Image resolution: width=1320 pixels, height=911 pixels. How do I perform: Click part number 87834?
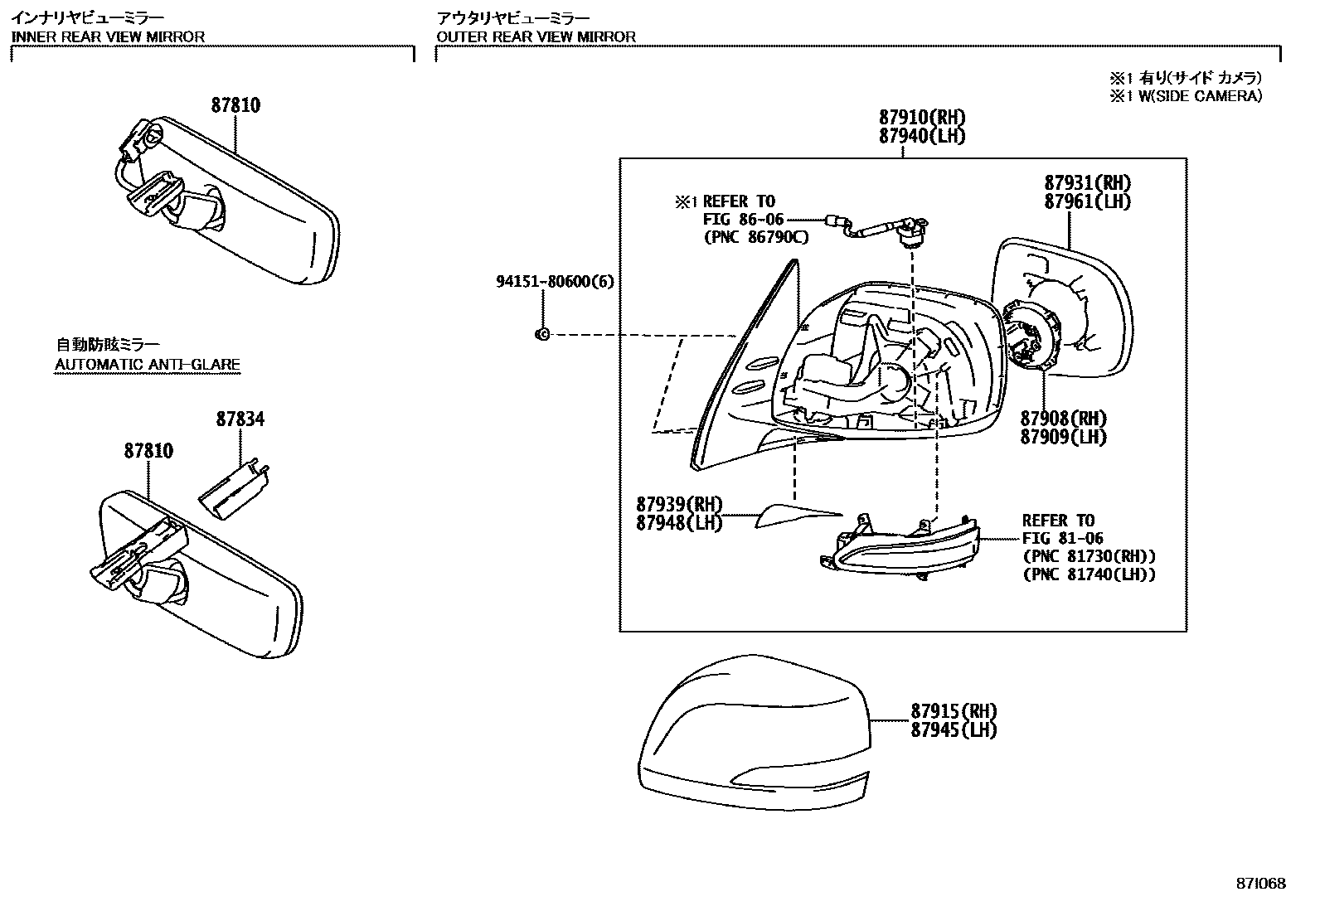click(240, 419)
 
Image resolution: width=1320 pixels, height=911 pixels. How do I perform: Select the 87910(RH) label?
click(922, 117)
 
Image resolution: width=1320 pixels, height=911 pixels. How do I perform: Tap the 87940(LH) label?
click(922, 136)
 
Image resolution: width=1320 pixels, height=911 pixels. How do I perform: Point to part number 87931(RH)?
click(1088, 182)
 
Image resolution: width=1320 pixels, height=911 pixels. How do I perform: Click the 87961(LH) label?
click(1088, 201)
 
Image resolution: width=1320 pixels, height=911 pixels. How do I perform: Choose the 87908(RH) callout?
click(1064, 419)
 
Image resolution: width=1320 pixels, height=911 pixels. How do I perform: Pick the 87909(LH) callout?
click(1064, 437)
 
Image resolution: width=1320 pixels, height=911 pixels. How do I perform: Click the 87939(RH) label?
click(679, 505)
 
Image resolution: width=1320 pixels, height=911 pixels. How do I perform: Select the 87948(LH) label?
click(679, 523)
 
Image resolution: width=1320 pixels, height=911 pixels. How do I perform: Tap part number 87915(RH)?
click(954, 710)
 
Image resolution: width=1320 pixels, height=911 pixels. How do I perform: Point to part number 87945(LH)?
click(954, 730)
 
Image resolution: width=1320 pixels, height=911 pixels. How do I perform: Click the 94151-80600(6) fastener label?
click(555, 282)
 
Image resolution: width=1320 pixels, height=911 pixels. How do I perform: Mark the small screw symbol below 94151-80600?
click(542, 335)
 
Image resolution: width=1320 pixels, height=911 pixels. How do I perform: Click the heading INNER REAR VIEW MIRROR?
click(109, 36)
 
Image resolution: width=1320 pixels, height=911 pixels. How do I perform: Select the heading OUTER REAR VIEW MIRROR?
click(536, 36)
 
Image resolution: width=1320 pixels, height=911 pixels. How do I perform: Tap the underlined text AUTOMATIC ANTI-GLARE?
click(148, 365)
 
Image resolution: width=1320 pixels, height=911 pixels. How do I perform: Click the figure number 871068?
click(1261, 884)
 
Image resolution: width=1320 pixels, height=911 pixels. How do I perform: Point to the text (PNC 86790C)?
click(756, 237)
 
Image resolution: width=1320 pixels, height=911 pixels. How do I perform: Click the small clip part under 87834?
click(235, 489)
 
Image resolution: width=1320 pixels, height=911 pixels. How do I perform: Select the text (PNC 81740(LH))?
click(1089, 574)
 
